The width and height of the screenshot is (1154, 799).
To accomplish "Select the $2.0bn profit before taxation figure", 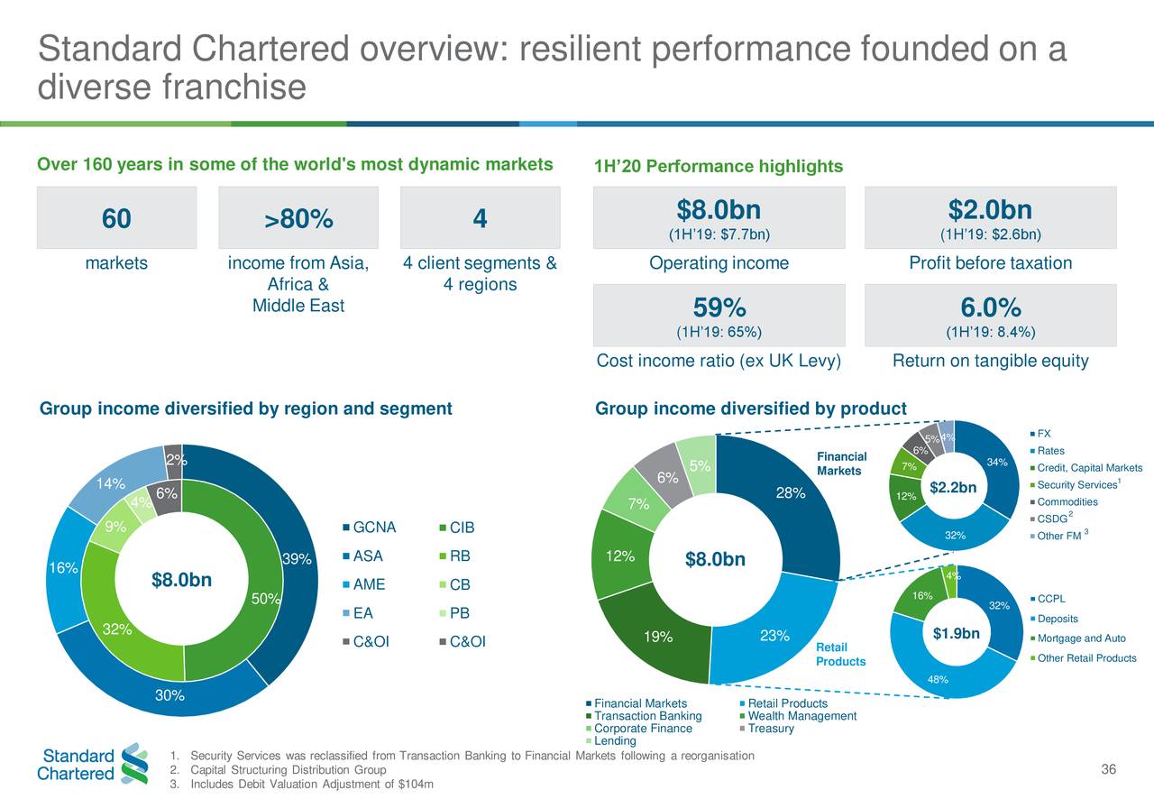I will pos(990,210).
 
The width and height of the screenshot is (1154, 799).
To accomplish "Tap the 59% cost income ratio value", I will pos(719,308).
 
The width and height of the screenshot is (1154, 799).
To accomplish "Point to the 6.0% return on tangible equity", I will pos(990,308).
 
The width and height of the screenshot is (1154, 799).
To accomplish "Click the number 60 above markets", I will pos(116,219).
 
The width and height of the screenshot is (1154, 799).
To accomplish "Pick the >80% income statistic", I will pos(298,219).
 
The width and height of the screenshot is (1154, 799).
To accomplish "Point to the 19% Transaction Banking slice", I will pos(657,638).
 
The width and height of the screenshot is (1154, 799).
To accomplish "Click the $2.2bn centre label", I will pos(953,488).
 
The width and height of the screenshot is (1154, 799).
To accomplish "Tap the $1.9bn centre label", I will pos(955,634).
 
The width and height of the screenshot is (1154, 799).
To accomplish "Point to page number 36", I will pos(1108,768).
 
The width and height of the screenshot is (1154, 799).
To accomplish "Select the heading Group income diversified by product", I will pos(751,409).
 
